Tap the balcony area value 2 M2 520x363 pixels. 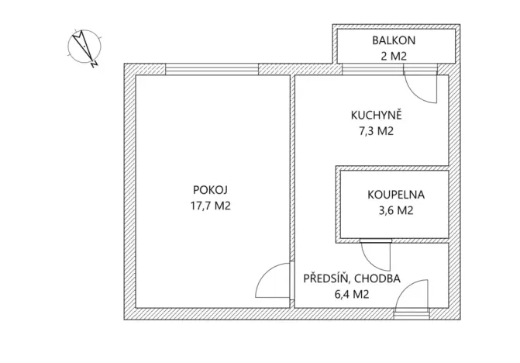pyautogui.click(x=394, y=55)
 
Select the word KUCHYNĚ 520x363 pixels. pyautogui.click(x=376, y=116)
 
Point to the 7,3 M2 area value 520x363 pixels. pyautogui.click(x=376, y=131)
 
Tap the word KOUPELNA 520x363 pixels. pyautogui.click(x=396, y=195)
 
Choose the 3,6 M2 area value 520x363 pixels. pyautogui.click(x=396, y=211)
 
